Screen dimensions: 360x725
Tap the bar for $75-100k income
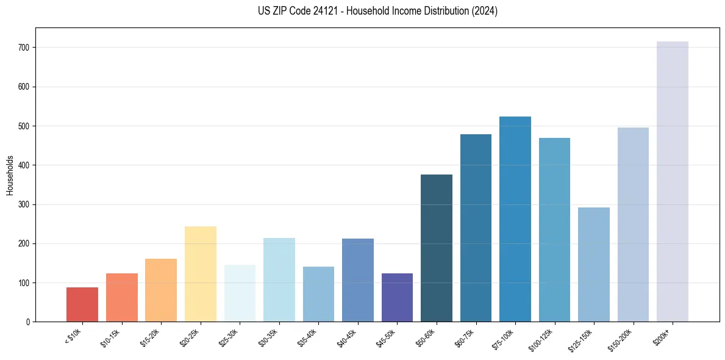(515, 219)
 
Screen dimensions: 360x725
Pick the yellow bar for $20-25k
(201, 274)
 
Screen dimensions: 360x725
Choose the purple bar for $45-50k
(397, 297)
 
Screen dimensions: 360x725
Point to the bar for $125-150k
(594, 265)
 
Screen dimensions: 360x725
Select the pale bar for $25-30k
(240, 293)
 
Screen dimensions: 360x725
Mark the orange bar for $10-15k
(122, 297)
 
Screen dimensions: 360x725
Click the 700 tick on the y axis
(24, 48)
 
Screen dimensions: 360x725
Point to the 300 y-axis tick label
(24, 204)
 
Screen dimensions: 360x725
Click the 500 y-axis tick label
(24, 126)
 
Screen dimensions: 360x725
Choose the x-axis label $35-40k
(307, 337)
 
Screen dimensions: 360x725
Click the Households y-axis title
(10, 175)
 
